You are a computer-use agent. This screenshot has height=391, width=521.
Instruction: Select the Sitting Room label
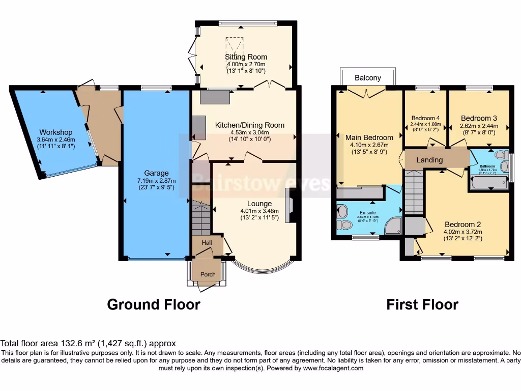click(246, 57)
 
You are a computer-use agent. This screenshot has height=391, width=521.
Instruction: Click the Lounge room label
click(259, 204)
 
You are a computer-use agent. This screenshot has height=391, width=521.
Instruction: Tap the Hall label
click(207, 243)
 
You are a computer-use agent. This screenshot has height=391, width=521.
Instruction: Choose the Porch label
click(208, 274)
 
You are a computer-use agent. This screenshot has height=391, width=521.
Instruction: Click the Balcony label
click(368, 78)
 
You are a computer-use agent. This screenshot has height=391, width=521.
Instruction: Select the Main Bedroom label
click(369, 137)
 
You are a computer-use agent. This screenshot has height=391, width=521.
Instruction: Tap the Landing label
click(429, 160)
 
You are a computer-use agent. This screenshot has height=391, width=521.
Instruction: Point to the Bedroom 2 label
click(462, 225)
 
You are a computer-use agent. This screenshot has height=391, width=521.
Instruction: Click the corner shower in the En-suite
click(393, 226)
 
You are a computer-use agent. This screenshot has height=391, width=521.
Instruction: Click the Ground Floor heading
click(153, 304)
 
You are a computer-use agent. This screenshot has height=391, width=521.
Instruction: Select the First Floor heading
click(422, 304)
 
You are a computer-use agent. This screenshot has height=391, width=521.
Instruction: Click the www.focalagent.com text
click(333, 368)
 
